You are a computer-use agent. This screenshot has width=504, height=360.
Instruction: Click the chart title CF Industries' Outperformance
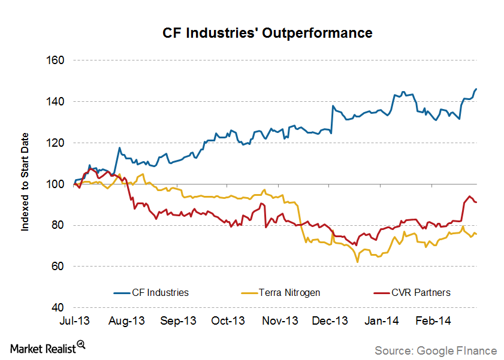point(267,32)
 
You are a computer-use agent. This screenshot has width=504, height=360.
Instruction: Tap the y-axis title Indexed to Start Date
point(25,183)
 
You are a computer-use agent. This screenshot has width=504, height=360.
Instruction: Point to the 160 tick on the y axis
point(55,60)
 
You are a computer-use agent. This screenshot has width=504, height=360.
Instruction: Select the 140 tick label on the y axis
point(55,102)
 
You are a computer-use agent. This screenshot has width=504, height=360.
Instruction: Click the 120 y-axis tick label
point(55,143)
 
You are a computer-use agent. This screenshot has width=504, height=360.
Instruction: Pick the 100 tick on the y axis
point(55,184)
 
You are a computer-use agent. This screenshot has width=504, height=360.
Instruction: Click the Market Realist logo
point(47,347)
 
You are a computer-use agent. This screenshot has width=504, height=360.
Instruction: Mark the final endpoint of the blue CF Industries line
point(476,89)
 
